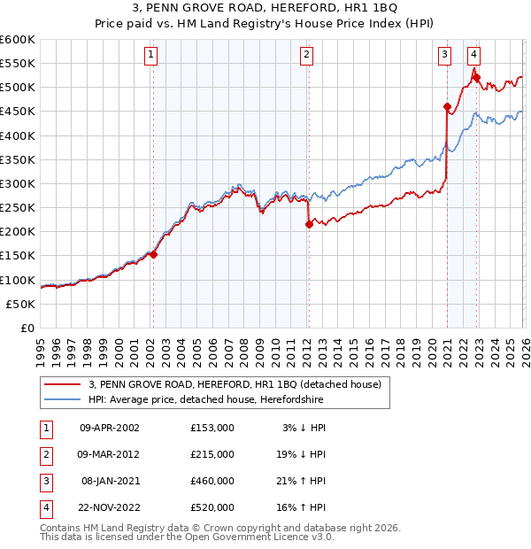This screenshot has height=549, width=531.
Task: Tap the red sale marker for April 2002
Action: point(153,254)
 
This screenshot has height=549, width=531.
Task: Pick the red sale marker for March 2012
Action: point(309,225)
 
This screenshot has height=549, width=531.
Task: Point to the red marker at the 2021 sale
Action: point(447,108)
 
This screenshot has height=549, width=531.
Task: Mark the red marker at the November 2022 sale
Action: point(476,78)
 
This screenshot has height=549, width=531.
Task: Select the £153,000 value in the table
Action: point(212,428)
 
